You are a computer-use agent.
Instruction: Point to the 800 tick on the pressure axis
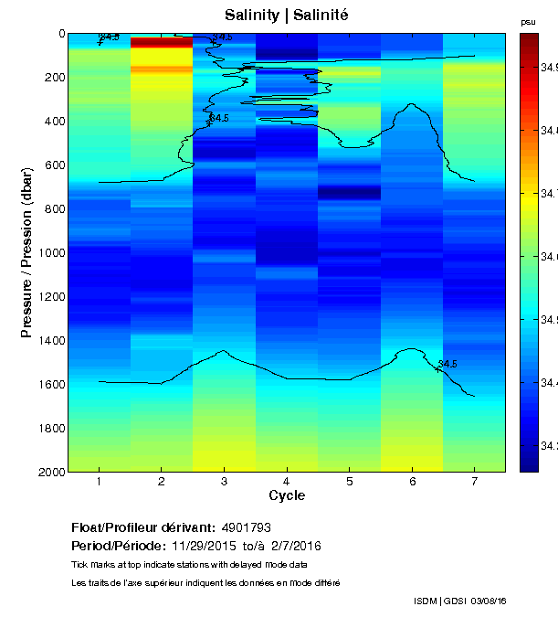(x=52, y=208)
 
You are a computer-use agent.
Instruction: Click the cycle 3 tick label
(x=224, y=482)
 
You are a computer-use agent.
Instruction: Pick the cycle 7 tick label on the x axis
(x=474, y=482)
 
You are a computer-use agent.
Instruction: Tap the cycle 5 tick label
(x=349, y=482)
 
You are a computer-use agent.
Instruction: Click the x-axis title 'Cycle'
(x=287, y=496)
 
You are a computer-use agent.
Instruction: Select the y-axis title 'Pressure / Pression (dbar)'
(x=26, y=252)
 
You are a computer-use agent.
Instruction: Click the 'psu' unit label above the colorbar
(x=528, y=22)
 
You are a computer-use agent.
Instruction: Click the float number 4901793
(x=246, y=527)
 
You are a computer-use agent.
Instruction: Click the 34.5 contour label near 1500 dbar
(x=447, y=364)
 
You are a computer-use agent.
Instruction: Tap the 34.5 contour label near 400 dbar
(x=219, y=119)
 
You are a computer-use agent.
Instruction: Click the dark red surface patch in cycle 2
(x=162, y=42)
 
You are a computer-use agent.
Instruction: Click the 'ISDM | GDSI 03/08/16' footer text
(x=459, y=601)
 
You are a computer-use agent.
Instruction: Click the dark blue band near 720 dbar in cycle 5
(x=349, y=192)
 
